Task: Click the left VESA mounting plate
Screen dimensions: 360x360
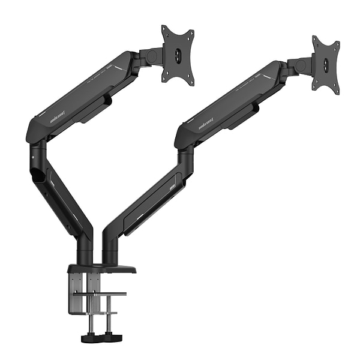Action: tap(177, 54)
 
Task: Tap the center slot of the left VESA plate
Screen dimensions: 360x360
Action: tap(178, 55)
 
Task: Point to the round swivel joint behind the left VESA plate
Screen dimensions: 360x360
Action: tap(152, 56)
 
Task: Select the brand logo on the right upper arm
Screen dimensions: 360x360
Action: tap(206, 126)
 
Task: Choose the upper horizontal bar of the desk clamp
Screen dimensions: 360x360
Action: tap(102, 294)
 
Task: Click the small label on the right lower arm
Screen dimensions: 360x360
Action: tap(172, 187)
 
